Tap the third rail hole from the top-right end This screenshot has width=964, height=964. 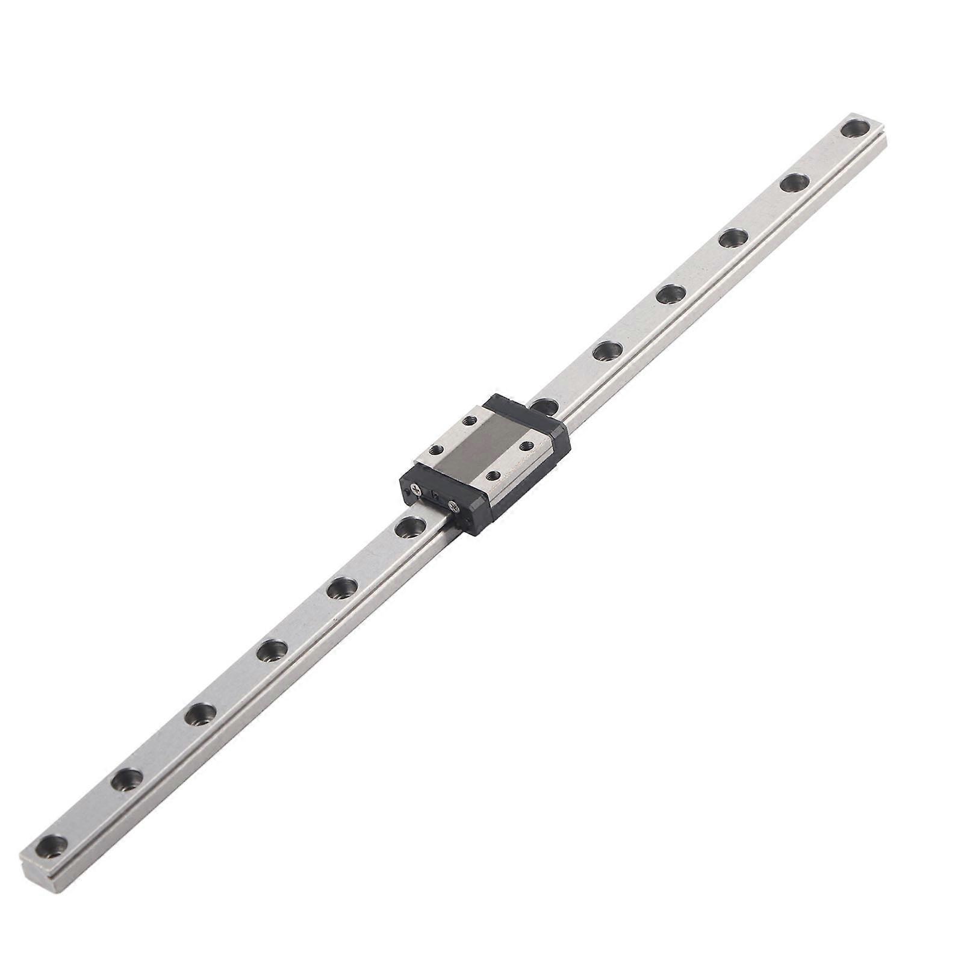pyautogui.click(x=732, y=238)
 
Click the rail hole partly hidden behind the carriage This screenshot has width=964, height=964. pyautogui.click(x=545, y=405)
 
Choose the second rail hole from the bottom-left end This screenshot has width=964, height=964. pyautogui.click(x=125, y=780)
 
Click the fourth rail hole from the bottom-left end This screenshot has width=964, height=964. pyautogui.click(x=270, y=651)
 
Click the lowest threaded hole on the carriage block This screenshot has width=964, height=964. pyautogui.click(x=494, y=476)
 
